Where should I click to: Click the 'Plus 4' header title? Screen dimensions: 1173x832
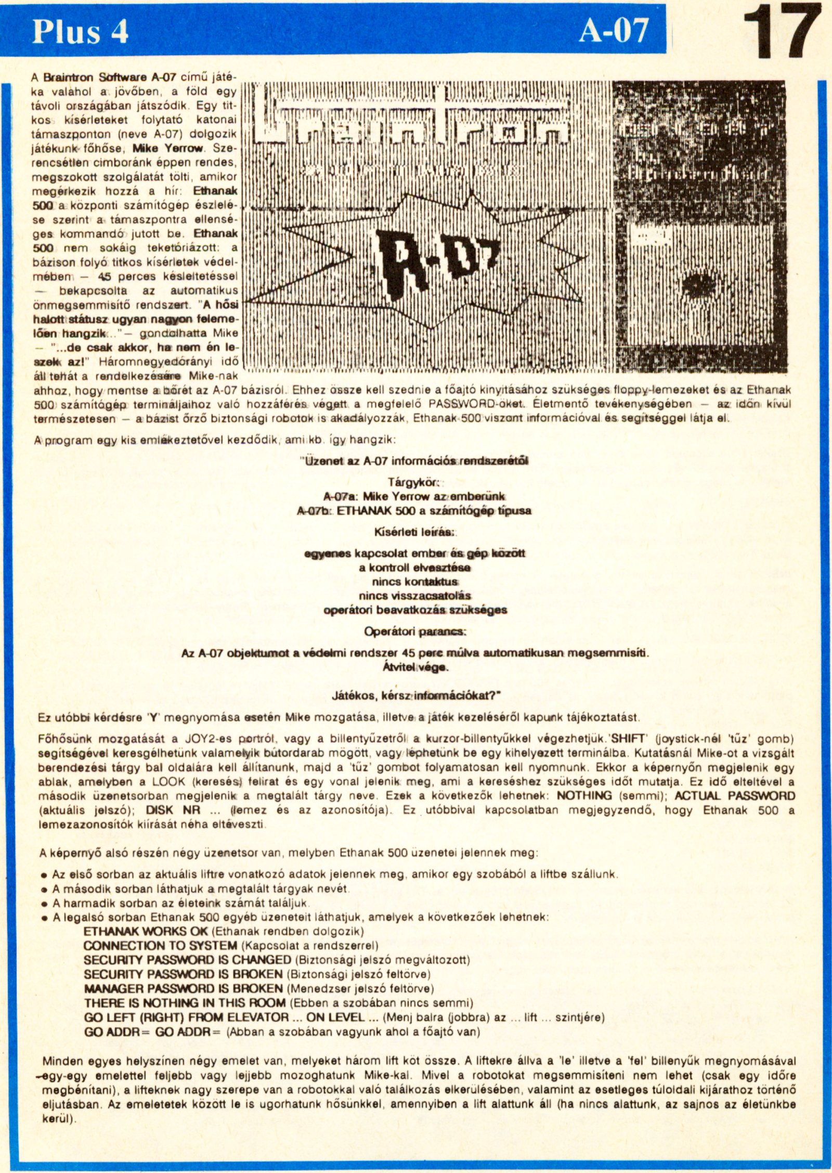point(80,32)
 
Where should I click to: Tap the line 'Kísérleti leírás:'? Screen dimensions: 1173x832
point(414,532)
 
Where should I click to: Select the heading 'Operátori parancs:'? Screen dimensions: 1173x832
point(414,631)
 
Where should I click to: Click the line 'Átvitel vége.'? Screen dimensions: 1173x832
point(415,667)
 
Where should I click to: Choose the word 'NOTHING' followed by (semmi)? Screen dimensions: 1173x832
point(584,795)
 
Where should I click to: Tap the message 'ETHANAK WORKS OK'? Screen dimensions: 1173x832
point(146,931)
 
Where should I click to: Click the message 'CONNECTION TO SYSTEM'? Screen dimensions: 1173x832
point(160,945)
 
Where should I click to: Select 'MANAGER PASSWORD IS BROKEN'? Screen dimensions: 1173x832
point(183,988)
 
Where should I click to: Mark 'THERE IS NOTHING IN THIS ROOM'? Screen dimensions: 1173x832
point(185,1002)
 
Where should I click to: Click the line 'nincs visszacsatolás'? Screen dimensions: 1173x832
point(414,596)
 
